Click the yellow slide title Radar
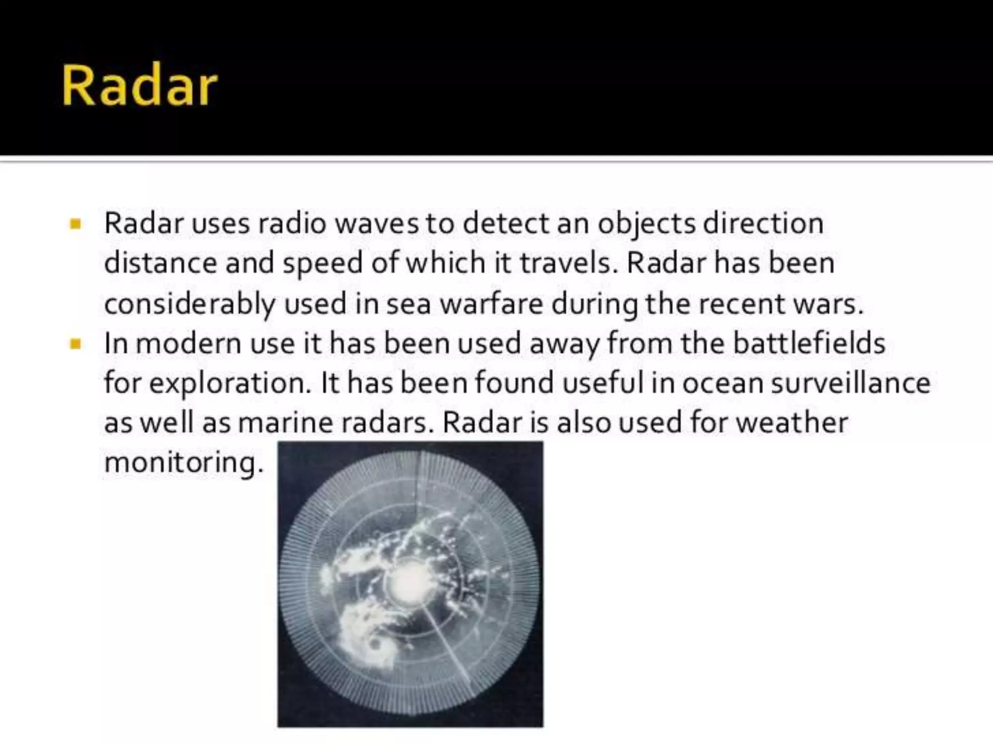[x=139, y=86]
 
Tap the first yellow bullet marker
[x=75, y=224]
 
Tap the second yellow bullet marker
[x=75, y=344]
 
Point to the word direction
[x=763, y=224]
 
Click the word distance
[x=160, y=264]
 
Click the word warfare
[x=491, y=305]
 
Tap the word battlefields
[x=809, y=343]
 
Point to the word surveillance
[x=850, y=383]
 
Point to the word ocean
[x=723, y=384]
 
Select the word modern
[x=188, y=344]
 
